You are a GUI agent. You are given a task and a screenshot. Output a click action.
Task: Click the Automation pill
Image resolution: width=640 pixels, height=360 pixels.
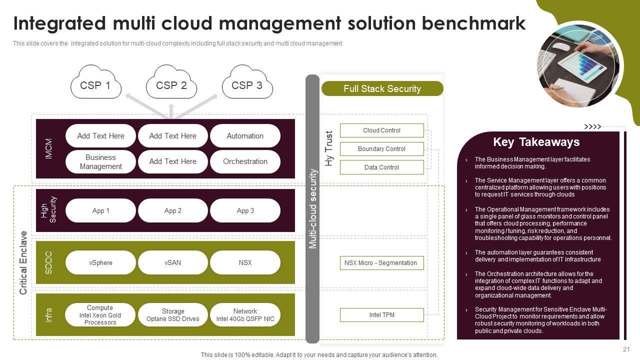(245, 136)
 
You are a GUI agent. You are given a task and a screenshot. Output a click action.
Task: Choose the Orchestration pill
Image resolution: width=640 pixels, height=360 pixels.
(245, 161)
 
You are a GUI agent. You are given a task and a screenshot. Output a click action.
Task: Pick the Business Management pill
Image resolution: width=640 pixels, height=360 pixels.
(100, 161)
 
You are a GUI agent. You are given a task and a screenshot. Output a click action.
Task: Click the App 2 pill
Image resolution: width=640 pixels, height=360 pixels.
(173, 210)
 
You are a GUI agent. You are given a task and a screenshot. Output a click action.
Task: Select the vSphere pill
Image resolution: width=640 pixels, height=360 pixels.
(100, 262)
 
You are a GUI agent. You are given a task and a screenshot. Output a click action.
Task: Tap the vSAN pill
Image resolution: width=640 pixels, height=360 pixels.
(173, 262)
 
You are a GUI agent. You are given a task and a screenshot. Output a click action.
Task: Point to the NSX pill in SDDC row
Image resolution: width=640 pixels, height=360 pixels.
(245, 262)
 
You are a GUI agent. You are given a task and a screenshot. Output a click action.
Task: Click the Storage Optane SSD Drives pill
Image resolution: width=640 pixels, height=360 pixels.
(173, 315)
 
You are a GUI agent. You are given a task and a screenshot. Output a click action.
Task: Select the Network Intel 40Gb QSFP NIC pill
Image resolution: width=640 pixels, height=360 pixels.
(245, 315)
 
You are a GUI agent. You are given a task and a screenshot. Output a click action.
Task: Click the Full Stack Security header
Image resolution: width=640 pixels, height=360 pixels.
(382, 88)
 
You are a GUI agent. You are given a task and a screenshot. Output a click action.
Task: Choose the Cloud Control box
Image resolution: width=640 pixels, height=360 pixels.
(381, 130)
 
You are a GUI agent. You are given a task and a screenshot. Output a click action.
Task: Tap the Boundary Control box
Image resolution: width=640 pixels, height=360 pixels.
(381, 149)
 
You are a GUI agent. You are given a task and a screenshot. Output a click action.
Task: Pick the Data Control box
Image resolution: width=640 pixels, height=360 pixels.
(381, 167)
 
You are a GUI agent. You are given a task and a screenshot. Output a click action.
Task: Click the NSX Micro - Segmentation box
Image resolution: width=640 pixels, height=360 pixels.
(381, 263)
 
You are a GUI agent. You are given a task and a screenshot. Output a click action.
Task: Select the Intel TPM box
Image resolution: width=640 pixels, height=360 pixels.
(381, 315)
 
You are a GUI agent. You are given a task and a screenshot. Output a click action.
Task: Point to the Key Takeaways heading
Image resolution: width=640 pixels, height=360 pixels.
(536, 142)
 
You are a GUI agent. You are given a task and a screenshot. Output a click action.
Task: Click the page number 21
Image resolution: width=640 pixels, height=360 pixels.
(626, 349)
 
